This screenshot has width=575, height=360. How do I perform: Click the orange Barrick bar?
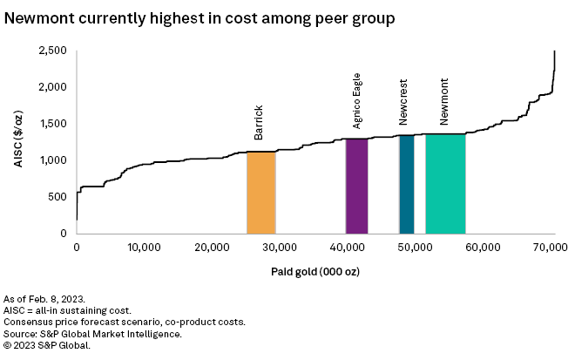pyautogui.click(x=261, y=193)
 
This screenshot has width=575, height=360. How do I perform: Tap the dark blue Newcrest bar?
pyautogui.click(x=407, y=184)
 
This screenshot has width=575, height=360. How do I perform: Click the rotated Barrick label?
pyautogui.click(x=259, y=123)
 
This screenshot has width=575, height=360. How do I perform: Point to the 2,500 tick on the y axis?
pyautogui.click(x=54, y=51)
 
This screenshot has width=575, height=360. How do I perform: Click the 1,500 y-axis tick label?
pyautogui.click(x=54, y=124)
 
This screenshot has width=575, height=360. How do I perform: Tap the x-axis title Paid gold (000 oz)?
pyautogui.click(x=315, y=271)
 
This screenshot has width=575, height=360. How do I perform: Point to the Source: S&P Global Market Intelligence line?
pyautogui.click(x=92, y=333)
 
